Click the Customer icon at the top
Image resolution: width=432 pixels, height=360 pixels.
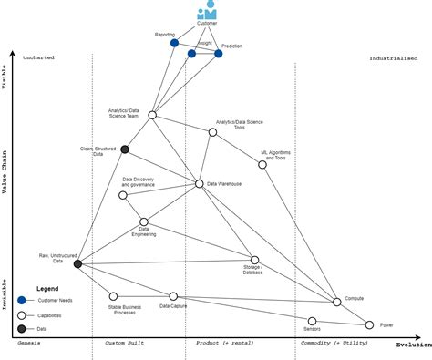208,11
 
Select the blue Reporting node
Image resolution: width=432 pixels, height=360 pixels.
174,42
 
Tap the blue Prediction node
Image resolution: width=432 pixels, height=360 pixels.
219,54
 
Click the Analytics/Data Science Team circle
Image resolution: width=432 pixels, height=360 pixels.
152,115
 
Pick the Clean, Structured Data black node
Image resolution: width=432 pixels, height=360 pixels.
125,149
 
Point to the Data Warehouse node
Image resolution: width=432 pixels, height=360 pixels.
200,184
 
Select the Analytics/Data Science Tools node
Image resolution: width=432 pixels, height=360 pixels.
212,132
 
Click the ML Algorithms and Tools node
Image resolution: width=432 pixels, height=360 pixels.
262,165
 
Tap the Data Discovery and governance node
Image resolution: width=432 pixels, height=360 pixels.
123,195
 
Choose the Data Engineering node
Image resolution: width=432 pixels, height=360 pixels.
144,221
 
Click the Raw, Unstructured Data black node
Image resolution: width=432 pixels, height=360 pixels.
77,263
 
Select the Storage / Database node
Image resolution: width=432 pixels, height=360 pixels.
255,260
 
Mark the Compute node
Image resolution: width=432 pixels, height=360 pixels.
336,301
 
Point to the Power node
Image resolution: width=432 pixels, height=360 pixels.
369,324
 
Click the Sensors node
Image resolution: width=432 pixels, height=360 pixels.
312,321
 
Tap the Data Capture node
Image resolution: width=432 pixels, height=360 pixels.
173,296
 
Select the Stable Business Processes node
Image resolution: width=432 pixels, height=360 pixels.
113,296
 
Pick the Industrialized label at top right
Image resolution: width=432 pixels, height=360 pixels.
394,57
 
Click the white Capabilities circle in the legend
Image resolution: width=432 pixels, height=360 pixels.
22,314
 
